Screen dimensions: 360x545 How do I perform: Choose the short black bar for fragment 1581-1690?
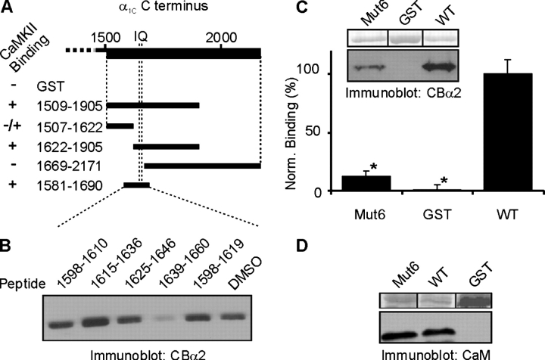tap(137, 185)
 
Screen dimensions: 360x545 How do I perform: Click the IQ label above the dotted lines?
tap(140, 36)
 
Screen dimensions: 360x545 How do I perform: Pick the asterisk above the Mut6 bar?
tap(374, 167)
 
